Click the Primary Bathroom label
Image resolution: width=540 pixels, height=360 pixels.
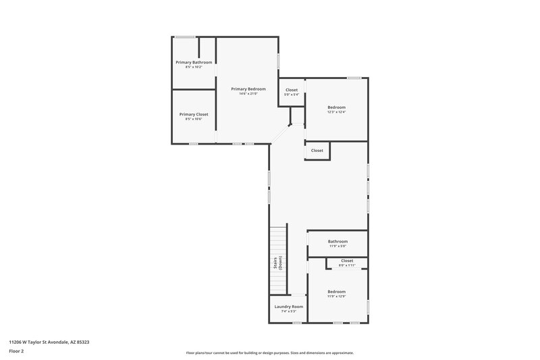[194, 62]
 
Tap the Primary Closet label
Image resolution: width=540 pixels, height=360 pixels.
[194, 114]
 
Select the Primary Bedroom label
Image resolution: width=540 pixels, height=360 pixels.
[248, 89]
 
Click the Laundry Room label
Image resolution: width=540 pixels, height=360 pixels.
[289, 307]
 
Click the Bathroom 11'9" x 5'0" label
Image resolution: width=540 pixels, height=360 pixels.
[338, 242]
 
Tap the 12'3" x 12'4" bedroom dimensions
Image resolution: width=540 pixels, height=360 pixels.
[337, 112]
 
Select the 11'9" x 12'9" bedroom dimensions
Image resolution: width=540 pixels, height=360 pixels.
[337, 297]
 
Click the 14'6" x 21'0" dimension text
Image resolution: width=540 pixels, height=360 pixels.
[248, 94]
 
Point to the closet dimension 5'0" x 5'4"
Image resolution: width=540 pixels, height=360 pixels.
[292, 95]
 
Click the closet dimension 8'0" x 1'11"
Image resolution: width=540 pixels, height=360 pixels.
[347, 265]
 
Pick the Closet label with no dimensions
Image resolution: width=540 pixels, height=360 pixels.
[317, 151]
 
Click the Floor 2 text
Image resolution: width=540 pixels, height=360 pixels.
[16, 352]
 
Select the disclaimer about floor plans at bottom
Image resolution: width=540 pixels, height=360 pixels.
[270, 353]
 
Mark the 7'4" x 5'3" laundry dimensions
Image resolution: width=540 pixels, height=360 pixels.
[289, 311]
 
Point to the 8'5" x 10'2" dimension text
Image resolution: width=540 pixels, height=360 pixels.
[194, 67]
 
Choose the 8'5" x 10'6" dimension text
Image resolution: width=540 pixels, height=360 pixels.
[194, 119]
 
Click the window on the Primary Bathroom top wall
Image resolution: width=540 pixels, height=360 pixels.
[186, 36]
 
